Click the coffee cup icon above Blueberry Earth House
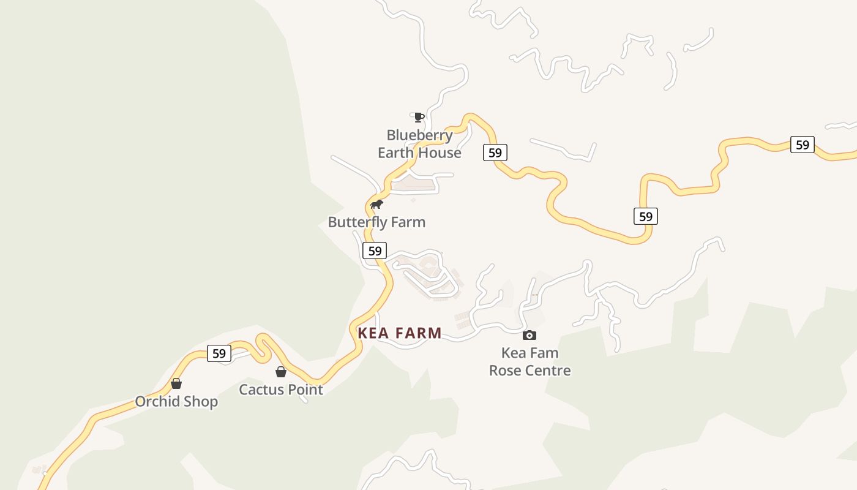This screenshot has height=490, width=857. pos(419,116)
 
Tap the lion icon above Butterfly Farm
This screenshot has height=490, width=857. pos(376,204)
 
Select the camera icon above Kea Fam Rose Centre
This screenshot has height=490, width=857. pos(530,335)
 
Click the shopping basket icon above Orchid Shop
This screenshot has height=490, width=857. pos(176,384)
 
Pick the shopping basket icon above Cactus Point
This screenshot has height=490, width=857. pos(281,372)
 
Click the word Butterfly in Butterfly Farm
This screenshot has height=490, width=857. pos(357,222)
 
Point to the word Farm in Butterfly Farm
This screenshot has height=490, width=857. pos(408,222)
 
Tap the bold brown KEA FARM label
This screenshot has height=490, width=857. pos(400,333)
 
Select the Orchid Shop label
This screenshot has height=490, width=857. pos(176,402)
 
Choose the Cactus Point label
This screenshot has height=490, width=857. pos(281,390)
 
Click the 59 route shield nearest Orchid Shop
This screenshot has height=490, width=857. pos(219,353)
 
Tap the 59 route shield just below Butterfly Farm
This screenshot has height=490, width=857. pos(375,251)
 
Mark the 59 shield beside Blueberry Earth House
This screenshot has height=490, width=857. pos(495,153)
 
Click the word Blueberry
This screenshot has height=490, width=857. pos(419,135)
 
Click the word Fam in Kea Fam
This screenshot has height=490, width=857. pos(544,353)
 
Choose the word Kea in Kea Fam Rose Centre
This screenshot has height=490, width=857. pos(514,353)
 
